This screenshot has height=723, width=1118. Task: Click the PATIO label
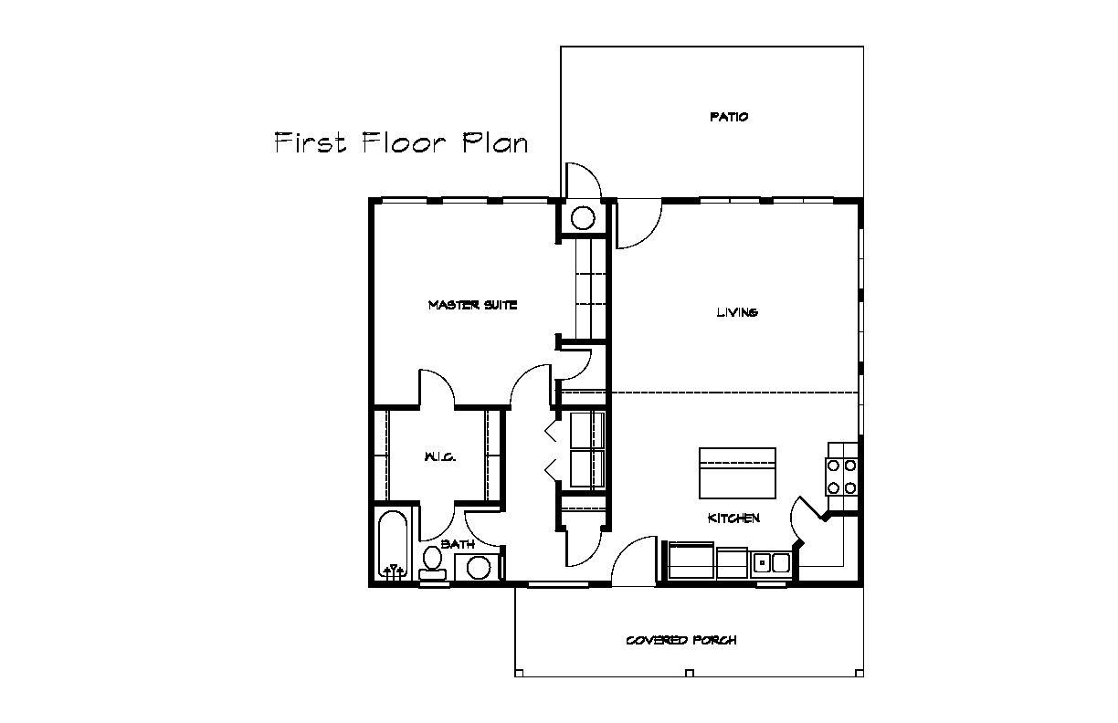point(729,117)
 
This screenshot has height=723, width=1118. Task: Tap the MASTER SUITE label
point(472,305)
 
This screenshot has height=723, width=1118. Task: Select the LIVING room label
point(737,312)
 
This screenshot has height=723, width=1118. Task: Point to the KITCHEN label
point(733,519)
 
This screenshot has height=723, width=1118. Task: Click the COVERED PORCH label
point(681,640)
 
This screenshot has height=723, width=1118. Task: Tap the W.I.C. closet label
point(439,456)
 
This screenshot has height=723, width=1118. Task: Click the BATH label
point(458,544)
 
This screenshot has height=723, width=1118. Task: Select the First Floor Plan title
point(401,142)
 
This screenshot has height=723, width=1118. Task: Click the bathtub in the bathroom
point(393,545)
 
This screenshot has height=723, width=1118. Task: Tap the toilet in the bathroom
point(432,563)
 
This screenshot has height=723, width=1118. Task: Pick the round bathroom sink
point(478,568)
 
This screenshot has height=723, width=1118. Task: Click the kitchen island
point(737,473)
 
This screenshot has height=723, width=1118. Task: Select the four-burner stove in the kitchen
point(842,477)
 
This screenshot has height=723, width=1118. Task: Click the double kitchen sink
point(772,564)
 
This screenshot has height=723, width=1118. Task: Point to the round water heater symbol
point(583,218)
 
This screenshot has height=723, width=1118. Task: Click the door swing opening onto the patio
point(583,180)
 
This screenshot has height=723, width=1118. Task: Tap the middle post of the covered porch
point(690,673)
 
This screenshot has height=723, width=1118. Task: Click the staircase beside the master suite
point(590,288)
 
